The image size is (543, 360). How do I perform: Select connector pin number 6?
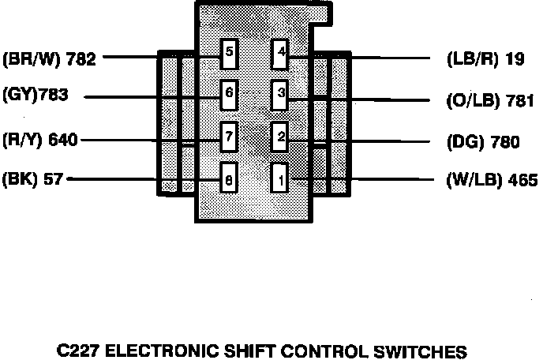pos(229,93)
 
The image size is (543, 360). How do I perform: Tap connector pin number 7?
pos(229,136)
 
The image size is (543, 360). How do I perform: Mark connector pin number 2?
pos(280,136)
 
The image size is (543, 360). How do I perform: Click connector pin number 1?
pos(280,179)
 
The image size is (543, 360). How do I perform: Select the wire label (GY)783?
pos(36,96)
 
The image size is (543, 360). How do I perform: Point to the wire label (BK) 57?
pos(33,178)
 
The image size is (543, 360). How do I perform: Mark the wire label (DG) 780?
pos(482,143)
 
